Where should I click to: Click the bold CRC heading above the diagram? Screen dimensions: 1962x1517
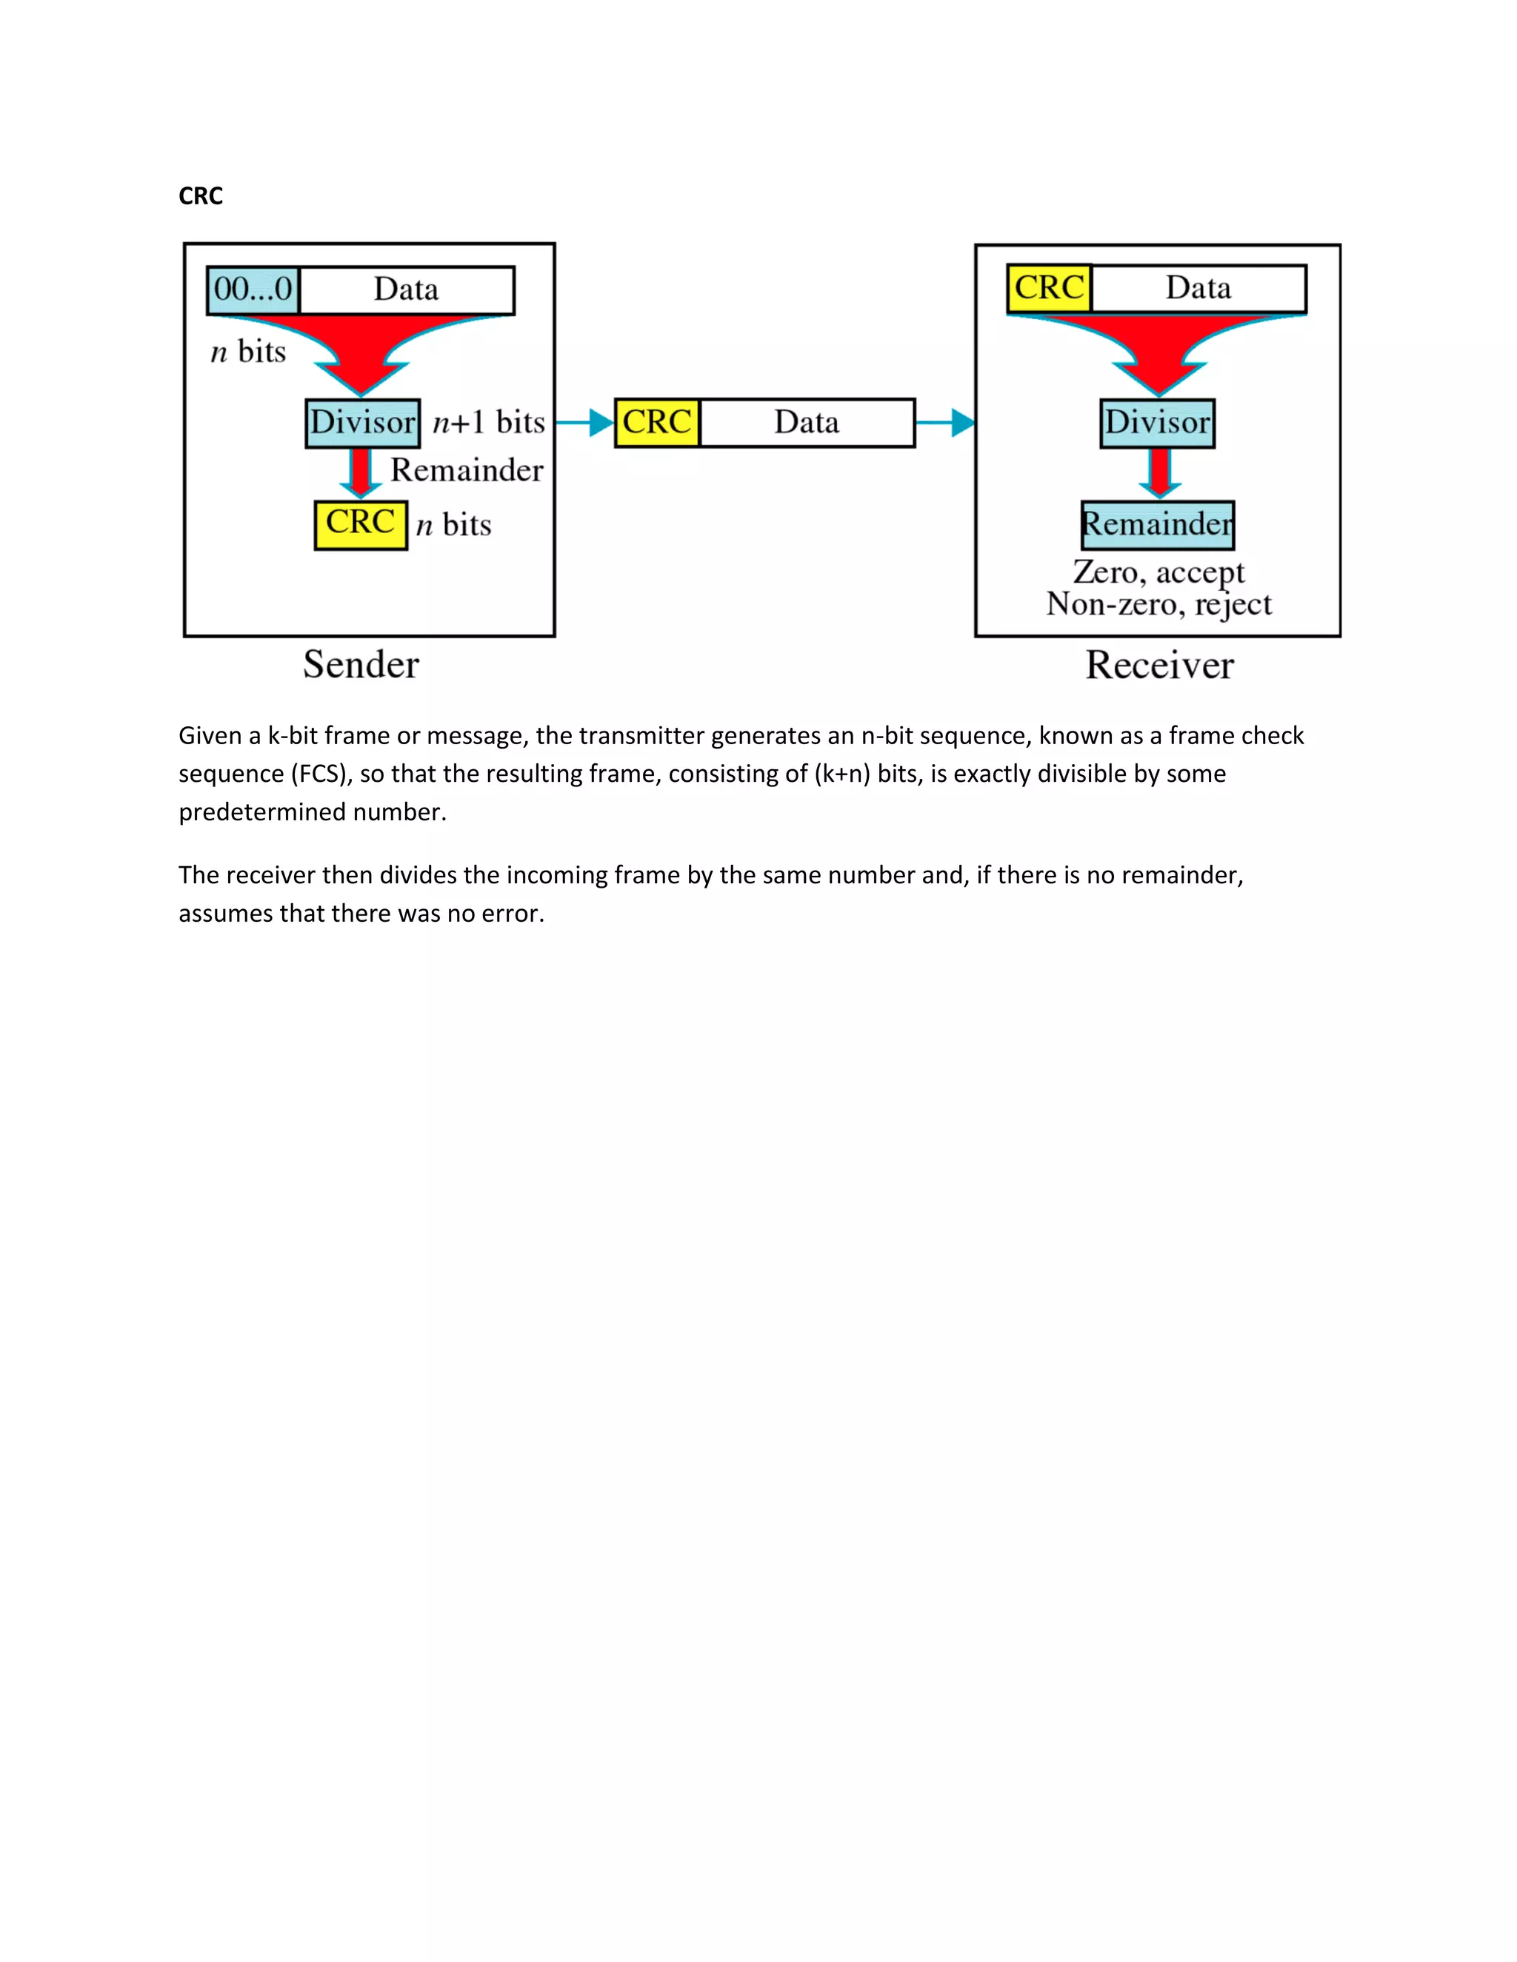coord(201,196)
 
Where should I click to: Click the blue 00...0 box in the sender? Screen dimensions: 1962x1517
coord(253,289)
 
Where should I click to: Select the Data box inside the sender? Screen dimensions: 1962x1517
coord(406,289)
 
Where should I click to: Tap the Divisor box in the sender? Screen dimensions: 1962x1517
coord(362,422)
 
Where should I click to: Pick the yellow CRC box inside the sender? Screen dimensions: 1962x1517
coord(361,523)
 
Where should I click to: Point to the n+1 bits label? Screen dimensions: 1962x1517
coord(489,422)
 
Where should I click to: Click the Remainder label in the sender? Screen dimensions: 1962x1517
coord(467,470)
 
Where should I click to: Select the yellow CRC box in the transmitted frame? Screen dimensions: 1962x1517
coord(657,422)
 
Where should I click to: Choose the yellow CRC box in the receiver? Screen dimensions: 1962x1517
coord(1049,288)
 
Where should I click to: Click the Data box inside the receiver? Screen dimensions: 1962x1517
coord(1198,288)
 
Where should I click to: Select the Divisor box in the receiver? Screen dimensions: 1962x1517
coord(1158,422)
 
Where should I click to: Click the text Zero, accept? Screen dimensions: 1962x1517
coord(1158,572)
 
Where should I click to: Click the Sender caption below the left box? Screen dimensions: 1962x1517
coord(361,665)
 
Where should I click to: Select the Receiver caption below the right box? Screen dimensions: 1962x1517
coord(1159,666)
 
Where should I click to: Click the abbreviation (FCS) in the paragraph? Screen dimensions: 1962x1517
coord(320,774)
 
